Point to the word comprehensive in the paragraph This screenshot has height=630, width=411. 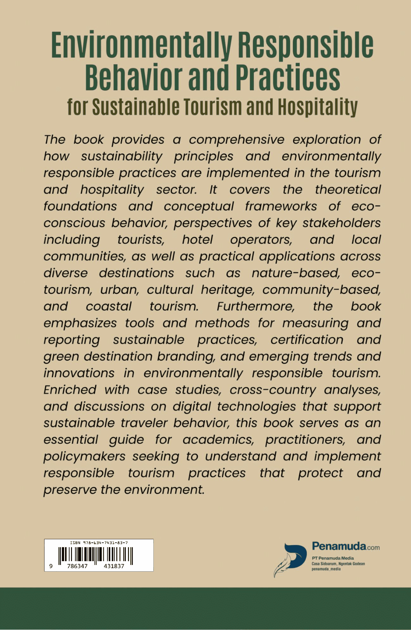(236, 139)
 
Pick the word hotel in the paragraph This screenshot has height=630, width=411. (198, 240)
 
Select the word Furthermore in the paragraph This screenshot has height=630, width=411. (256, 306)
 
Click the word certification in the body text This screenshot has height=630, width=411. (307, 340)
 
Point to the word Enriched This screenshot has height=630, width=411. (70, 390)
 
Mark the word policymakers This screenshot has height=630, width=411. (84, 457)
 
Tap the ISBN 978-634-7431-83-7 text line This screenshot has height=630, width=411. (99, 543)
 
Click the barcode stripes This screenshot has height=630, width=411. (96, 555)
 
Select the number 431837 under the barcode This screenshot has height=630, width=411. (114, 566)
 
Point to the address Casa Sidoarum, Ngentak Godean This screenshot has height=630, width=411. (338, 564)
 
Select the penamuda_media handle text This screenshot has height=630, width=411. (326, 569)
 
